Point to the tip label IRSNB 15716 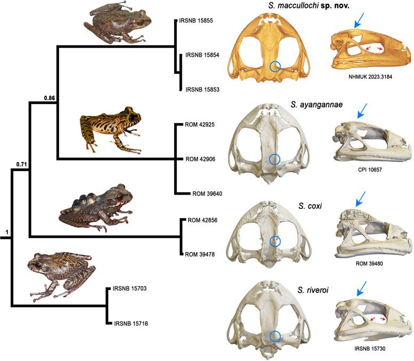tap(131, 323)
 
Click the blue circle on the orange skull tap(275, 67)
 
